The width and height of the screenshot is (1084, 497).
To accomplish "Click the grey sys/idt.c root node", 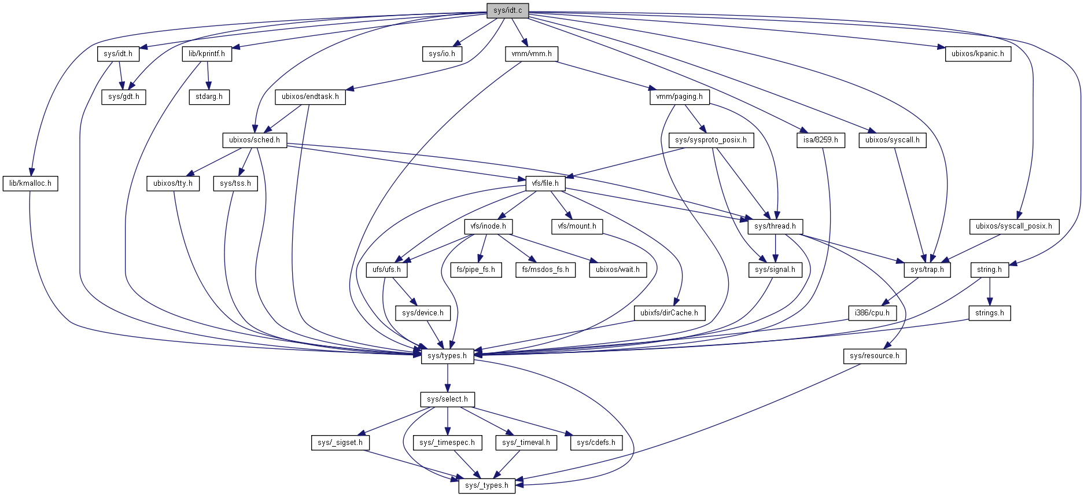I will [x=507, y=10].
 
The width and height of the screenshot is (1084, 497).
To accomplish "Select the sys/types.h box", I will [x=447, y=356].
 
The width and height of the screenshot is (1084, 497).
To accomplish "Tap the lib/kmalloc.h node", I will [x=30, y=183].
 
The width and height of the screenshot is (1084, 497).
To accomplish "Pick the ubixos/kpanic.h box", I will [x=978, y=54].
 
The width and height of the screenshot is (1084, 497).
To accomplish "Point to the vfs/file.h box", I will [x=545, y=183].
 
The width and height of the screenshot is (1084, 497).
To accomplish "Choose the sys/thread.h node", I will [x=775, y=226].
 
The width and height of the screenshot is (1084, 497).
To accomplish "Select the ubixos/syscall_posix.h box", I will [x=1014, y=226].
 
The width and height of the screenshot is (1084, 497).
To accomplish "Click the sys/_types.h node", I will [x=486, y=485].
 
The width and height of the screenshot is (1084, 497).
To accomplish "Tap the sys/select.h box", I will [x=447, y=399].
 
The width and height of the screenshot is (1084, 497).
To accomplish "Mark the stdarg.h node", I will [x=209, y=97].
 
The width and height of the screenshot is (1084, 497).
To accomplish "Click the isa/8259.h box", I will [x=820, y=140].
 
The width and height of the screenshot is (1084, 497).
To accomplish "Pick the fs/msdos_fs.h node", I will [x=545, y=270].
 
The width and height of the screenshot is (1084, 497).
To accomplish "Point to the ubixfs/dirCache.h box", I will [x=669, y=313].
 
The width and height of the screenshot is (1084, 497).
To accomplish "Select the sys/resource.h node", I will [x=875, y=356].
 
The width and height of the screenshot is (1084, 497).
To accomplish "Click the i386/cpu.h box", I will [x=872, y=313].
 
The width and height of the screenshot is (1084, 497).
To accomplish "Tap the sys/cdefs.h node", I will [x=596, y=443].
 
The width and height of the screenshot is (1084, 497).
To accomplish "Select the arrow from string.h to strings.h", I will [x=990, y=291].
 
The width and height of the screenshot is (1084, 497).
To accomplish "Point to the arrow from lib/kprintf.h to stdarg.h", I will [x=208, y=75].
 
